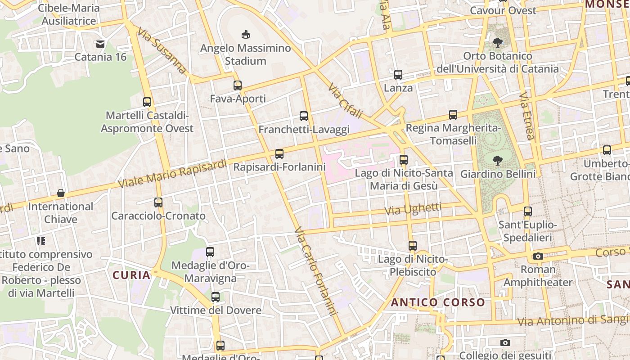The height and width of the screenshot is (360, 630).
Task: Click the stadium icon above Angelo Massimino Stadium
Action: pos(246,34)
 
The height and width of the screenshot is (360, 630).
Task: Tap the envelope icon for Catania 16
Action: pos(100,44)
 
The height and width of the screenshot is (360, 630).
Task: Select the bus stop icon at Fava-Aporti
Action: pos(238,85)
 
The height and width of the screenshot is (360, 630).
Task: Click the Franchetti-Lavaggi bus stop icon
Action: pos(304,116)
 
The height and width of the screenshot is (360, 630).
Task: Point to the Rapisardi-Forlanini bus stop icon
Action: pos(279,154)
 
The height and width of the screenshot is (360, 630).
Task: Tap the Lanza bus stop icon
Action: pos(398,75)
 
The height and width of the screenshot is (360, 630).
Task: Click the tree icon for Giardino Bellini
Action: pos(498,160)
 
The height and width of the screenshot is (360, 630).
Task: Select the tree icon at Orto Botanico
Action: pos(498,43)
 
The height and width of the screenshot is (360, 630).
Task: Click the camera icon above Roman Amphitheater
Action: pos(538,256)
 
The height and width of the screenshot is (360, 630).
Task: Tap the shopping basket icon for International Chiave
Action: pos(61,193)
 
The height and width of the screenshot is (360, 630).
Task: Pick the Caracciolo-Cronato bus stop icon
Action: pos(158,202)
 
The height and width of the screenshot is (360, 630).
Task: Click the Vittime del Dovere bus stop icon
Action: pos(216,297)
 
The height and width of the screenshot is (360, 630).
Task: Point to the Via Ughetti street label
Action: pos(413,209)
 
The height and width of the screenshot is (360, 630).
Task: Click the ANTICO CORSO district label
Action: pos(438,302)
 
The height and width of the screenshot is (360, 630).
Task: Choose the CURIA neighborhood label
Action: pos(131,275)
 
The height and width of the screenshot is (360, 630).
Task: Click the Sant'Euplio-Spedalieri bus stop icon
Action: pos(528,211)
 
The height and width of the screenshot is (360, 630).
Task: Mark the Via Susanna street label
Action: pos(162,50)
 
